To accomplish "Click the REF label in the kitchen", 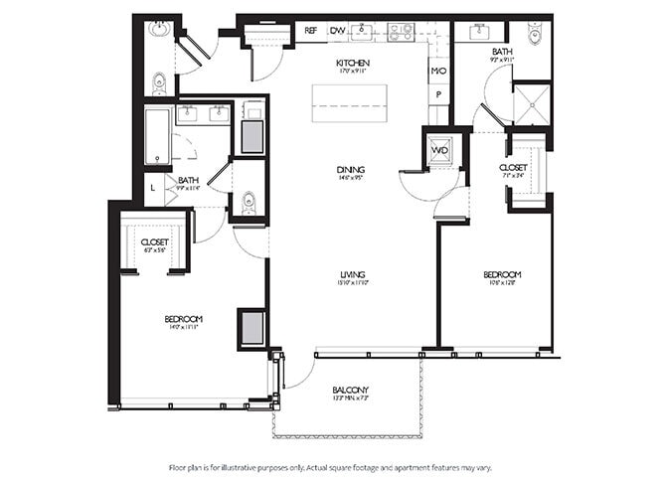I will point(310,31).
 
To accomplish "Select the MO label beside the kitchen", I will point(437,72).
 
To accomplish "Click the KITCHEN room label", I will point(352,63).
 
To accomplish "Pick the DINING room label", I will point(350,170).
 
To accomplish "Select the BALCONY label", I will point(351,389).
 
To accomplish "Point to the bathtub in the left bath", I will point(158,136).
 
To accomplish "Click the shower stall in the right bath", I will point(531,103).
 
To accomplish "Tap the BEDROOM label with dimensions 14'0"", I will point(184,318).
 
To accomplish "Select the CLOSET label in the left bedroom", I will point(155,241).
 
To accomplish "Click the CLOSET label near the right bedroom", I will point(513,168).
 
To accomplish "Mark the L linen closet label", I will point(152,186).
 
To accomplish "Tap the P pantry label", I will point(437,94).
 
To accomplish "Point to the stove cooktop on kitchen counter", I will point(401,32).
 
